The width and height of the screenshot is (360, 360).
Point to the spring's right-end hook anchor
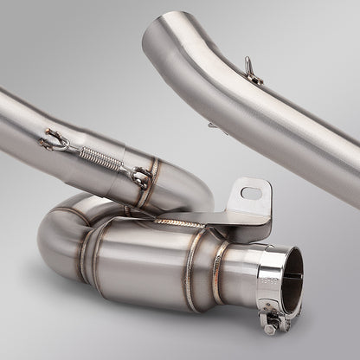[138, 177]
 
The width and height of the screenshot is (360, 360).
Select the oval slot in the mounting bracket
[252, 191]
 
